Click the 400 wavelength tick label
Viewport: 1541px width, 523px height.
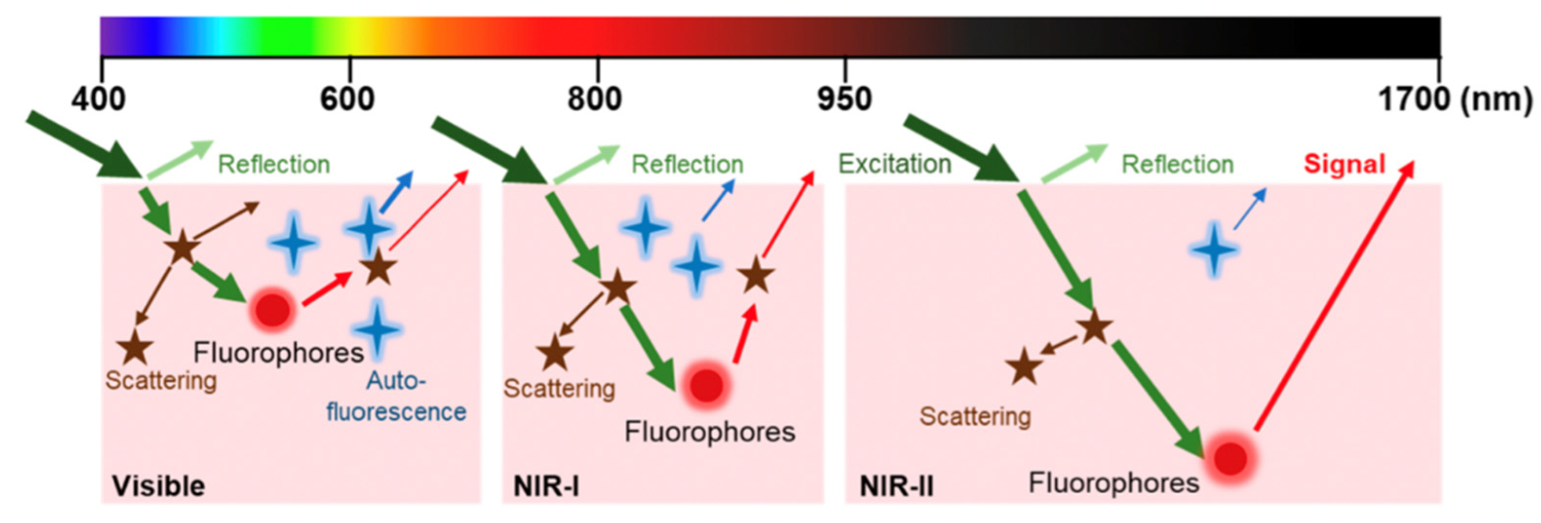(x=99, y=99)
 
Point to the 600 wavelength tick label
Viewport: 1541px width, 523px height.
(x=347, y=99)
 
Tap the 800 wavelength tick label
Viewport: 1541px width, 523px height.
(x=595, y=99)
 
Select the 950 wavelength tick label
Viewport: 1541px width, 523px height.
(x=844, y=99)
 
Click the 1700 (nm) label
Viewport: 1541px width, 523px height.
(x=1454, y=99)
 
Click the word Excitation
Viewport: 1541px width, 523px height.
(x=894, y=164)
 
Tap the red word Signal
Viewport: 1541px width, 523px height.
(x=1344, y=164)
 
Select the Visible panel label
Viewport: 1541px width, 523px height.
(x=158, y=486)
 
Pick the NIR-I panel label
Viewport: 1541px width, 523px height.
(x=546, y=486)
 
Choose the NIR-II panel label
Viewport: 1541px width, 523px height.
(x=896, y=486)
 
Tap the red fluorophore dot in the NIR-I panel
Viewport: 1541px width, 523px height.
(x=706, y=384)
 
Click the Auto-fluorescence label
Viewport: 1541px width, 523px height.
(x=396, y=396)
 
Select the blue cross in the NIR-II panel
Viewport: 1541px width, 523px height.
(x=1213, y=250)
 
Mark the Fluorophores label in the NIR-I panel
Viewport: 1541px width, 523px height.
(x=709, y=431)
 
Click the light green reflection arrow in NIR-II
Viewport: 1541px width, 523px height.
(x=1074, y=163)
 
